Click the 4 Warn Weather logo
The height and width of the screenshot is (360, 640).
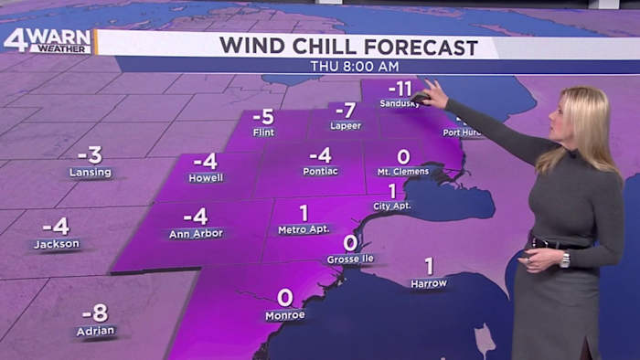pos(48,41)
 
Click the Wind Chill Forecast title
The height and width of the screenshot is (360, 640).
pos(348,47)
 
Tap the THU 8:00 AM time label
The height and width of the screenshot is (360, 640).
pos(354,67)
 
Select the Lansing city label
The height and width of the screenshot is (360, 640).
pos(90,172)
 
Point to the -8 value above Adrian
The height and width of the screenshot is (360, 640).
pos(94,312)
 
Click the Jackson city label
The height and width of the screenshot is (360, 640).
pos(57,244)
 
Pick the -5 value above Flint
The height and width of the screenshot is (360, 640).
pos(263,116)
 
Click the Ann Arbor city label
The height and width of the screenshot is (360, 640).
pos(196,234)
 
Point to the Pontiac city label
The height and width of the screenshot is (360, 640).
pos(320,171)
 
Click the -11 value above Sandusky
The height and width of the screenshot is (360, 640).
pos(400,89)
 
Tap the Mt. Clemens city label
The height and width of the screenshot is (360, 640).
pos(402,172)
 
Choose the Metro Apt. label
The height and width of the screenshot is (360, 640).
pos(303,229)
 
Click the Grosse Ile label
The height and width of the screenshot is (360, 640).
pos(349,259)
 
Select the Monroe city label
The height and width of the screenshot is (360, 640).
pos(284,315)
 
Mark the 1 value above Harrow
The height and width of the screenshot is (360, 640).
pos(428,266)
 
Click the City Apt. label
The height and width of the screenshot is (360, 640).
pos(391,206)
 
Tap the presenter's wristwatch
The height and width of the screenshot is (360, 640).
pos(565,259)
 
